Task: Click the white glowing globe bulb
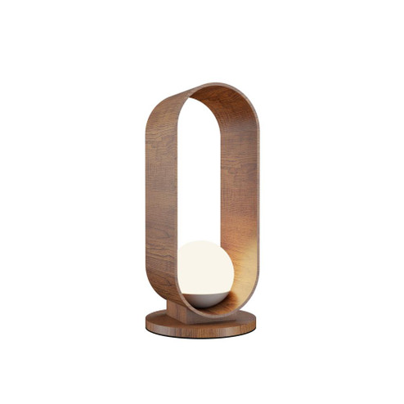coord(205,270)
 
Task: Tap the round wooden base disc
coord(200,323)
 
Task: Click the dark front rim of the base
coord(200,330)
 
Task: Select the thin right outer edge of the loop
coord(258,196)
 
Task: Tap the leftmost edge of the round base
coord(147,322)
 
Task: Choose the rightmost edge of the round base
coord(255,322)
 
